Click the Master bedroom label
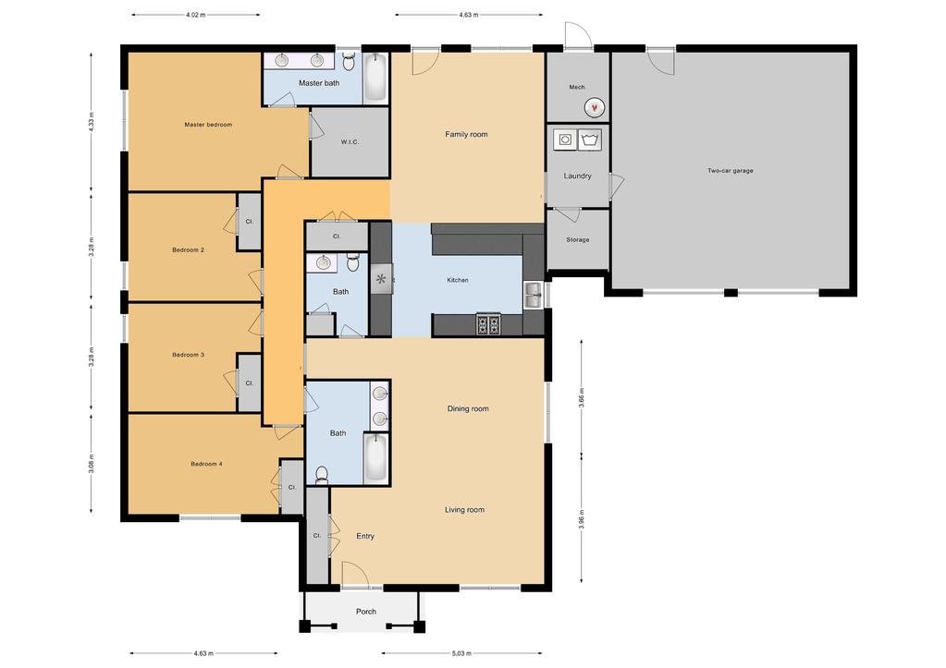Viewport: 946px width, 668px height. coord(208,125)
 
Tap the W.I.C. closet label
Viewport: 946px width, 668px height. coord(350,142)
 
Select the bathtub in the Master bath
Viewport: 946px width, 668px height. coord(375,78)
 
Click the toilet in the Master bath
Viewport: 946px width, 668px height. coord(349,61)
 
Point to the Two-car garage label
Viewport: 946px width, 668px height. coord(730,171)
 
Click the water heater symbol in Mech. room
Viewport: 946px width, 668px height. coord(595,107)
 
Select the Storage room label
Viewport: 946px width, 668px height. coord(577,240)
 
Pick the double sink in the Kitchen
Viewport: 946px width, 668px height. coord(533,295)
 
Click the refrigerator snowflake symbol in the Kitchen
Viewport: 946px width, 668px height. coord(381,279)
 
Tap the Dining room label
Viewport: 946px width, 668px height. coord(468,408)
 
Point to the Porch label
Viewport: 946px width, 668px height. coord(366,612)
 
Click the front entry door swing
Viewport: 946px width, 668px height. coord(355,574)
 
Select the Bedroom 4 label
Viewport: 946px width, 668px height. coord(206,464)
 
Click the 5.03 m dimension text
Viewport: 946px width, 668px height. coord(461,653)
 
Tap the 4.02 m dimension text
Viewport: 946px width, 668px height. coord(195,15)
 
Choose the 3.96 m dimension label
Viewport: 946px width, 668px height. coord(582,519)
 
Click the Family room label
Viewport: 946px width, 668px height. coord(466,135)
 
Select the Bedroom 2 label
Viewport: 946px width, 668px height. coord(189,250)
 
